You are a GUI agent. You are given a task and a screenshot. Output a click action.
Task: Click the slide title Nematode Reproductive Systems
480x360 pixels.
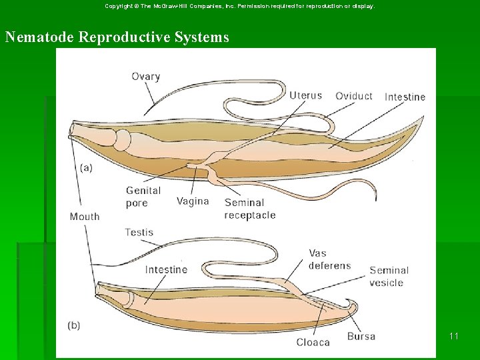[x=117, y=37]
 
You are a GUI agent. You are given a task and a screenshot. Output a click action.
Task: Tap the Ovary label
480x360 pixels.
[x=145, y=77]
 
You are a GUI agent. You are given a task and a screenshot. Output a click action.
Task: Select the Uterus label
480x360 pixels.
[x=305, y=95]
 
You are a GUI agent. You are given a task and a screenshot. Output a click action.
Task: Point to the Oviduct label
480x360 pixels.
[x=353, y=96]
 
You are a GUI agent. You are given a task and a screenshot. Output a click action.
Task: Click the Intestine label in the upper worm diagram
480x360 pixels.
[x=405, y=97]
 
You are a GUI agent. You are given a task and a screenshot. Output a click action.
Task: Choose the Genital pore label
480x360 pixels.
[x=143, y=197]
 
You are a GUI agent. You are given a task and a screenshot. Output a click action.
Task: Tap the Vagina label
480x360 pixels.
[x=193, y=201]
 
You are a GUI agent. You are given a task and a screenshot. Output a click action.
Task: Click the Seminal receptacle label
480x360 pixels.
[x=249, y=209]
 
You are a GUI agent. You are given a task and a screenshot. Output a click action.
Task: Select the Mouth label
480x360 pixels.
[x=85, y=217]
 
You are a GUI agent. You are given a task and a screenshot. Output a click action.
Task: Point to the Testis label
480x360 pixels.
[x=139, y=233]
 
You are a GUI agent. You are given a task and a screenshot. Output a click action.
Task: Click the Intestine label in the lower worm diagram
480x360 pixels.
[x=166, y=269]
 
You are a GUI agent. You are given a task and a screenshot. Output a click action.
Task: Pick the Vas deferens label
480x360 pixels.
[x=329, y=259]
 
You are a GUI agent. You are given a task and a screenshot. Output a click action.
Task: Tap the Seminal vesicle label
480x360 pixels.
[x=389, y=276]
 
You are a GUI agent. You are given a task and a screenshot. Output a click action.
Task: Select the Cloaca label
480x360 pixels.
[x=313, y=342]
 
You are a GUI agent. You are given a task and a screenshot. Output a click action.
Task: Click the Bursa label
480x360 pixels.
[x=361, y=337]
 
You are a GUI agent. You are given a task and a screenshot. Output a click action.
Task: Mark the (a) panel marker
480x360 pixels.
[x=86, y=168]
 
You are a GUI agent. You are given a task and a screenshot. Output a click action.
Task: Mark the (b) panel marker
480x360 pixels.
[x=74, y=325]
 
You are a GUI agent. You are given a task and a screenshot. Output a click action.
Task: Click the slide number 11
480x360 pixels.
[x=453, y=336]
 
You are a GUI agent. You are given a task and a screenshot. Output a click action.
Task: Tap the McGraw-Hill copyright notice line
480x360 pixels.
[x=240, y=6]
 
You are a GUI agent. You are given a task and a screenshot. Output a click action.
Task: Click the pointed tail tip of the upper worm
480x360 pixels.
[x=423, y=118]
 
